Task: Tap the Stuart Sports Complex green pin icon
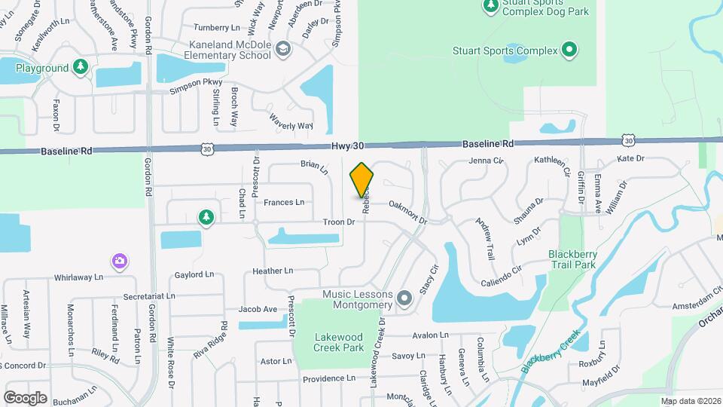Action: pos(569,51)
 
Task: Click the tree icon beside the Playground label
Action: pos(81,68)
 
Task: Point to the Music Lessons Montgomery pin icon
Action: pos(404,299)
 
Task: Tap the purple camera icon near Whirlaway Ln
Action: pos(119,262)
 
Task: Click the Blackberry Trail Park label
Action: pos(572,259)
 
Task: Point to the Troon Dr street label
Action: pos(338,222)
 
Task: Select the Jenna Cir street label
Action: pos(485,161)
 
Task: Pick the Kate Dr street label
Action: pos(630,158)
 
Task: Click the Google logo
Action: pos(25,397)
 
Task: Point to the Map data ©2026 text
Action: pos(691,401)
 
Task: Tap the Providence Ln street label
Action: pos(329,378)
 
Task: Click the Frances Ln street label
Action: pos(284,202)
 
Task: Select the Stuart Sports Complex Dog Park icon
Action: pos(490,6)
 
